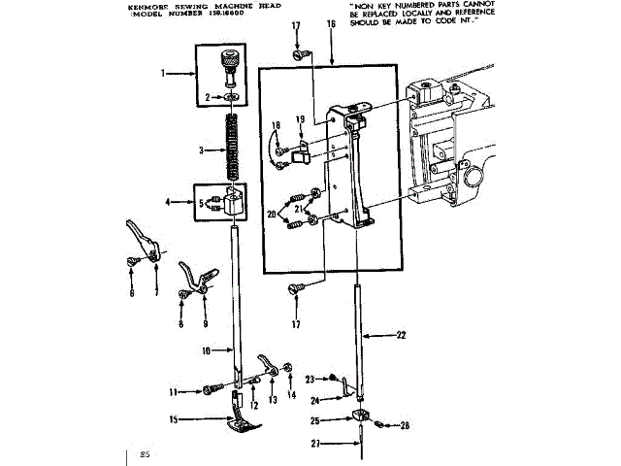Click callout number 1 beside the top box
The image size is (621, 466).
163,73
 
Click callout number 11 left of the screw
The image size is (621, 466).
173,391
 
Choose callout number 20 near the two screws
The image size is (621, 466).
273,214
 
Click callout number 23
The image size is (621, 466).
309,379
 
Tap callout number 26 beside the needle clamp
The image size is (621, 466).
406,424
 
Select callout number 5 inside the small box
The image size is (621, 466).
202,203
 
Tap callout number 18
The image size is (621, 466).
276,125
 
